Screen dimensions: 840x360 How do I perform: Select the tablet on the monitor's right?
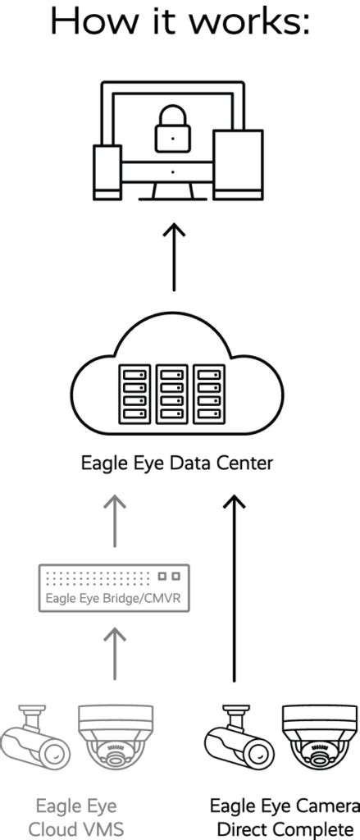pos(238,164)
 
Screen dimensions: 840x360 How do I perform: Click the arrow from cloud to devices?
pos(174,259)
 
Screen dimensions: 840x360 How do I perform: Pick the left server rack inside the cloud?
pos(134,394)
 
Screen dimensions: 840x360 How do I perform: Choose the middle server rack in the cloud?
pos(172,394)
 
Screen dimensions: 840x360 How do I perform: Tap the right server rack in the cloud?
pos(208,394)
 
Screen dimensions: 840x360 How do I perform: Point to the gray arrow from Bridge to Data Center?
pos(115,520)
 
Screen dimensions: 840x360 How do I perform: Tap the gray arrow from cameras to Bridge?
pos(115,653)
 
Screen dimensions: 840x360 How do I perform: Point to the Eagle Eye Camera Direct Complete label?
pos(284,817)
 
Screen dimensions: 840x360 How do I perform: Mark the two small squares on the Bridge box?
pos(169,577)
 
